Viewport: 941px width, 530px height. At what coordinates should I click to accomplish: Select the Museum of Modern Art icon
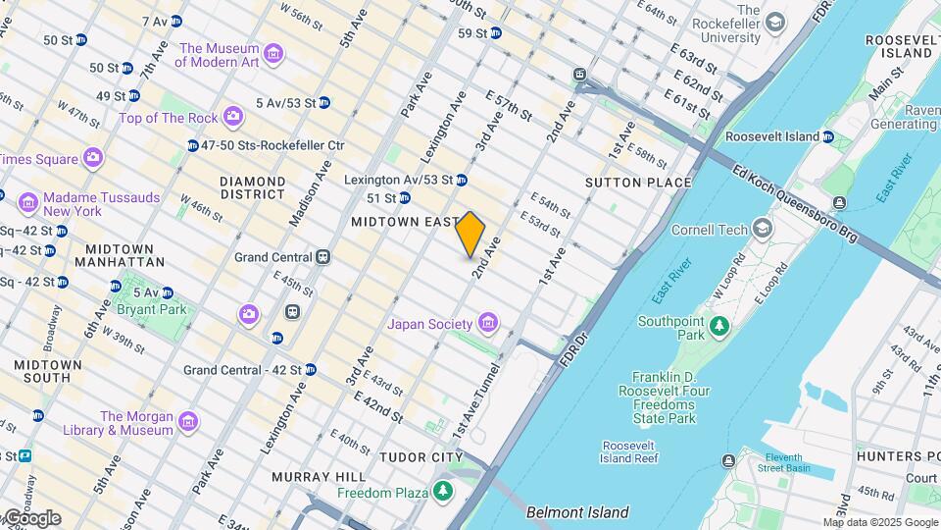click(x=273, y=55)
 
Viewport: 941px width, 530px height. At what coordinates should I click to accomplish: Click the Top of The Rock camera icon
click(x=232, y=118)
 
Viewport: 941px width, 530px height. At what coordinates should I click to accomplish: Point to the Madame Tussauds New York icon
click(x=28, y=204)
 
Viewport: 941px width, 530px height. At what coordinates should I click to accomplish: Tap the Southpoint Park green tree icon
click(x=720, y=325)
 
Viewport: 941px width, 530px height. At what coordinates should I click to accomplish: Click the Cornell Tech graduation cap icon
click(x=762, y=231)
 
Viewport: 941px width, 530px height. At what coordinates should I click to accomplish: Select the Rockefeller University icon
click(x=775, y=23)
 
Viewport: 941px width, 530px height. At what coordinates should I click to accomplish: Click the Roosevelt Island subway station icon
click(x=827, y=137)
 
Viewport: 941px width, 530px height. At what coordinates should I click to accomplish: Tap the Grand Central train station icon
click(x=322, y=257)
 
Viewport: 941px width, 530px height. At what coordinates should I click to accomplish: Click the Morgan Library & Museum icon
click(x=188, y=423)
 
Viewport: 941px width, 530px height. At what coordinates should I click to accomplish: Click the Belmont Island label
click(x=577, y=512)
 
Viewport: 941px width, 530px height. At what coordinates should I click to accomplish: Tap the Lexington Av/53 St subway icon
click(x=461, y=180)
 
